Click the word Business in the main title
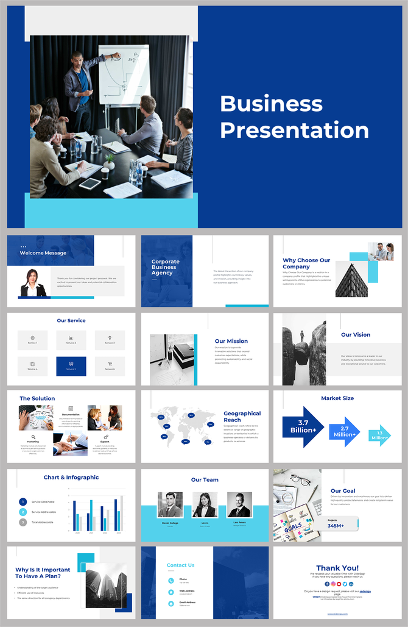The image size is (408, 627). (271, 104)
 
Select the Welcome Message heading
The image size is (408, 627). (43, 253)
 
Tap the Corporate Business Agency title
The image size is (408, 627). (166, 267)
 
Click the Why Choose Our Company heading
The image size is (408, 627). (306, 263)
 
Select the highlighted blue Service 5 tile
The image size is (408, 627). (71, 366)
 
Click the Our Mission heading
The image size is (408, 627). (231, 341)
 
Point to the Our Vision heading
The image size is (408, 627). (356, 334)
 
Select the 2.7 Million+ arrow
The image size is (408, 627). (344, 432)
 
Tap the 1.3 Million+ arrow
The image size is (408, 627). (379, 435)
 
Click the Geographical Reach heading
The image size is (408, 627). (242, 417)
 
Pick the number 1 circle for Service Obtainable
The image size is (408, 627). (23, 502)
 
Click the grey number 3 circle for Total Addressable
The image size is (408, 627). (23, 522)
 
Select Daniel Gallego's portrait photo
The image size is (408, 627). (170, 504)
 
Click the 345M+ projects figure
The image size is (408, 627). (336, 525)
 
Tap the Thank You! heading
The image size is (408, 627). (337, 568)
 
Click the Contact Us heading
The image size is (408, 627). (180, 565)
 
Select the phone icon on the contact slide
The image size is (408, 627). (171, 581)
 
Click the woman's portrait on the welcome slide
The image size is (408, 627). (33, 283)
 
